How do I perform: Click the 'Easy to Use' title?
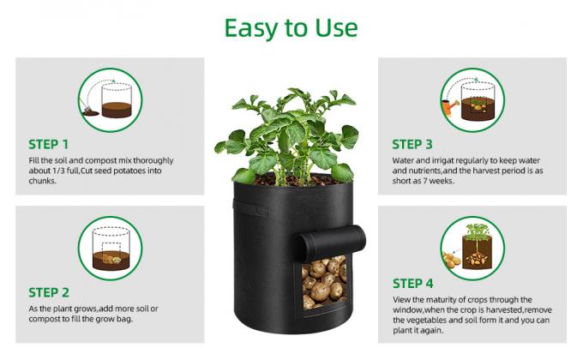pyautogui.click(x=291, y=27)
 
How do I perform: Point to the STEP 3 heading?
pyautogui.click(x=418, y=144)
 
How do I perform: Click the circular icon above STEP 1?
pyautogui.click(x=110, y=99)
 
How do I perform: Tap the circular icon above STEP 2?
pyautogui.click(x=110, y=248)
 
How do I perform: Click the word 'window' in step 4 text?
pyautogui.click(x=410, y=309)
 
